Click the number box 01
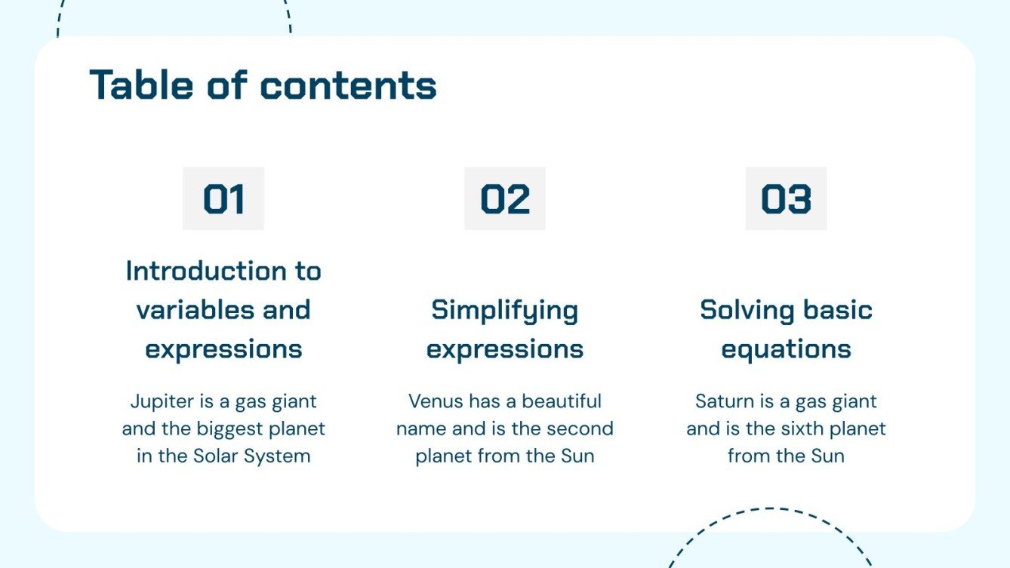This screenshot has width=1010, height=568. (x=223, y=198)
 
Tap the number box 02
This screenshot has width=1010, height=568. (x=504, y=198)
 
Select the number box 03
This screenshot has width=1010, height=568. (x=786, y=198)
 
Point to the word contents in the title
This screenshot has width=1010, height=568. (x=348, y=84)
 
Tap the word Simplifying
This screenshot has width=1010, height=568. (x=504, y=310)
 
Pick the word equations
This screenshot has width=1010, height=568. (x=786, y=349)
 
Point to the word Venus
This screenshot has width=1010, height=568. (x=436, y=401)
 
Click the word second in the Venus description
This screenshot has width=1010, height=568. (x=579, y=429)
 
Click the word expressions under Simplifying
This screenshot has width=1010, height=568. (x=504, y=349)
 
